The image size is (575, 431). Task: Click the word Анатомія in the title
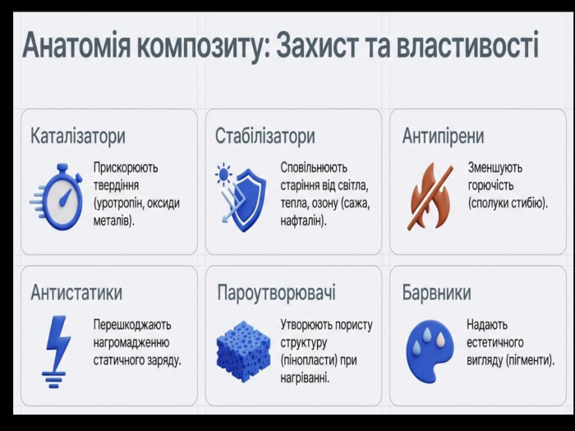click(76, 45)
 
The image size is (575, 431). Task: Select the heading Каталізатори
click(78, 136)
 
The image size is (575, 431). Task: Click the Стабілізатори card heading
click(264, 136)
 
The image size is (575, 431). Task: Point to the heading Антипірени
click(443, 136)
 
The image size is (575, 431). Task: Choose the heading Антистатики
click(76, 292)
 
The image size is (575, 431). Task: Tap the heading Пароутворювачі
click(276, 293)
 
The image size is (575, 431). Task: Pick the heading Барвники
click(436, 292)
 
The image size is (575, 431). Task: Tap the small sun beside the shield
click(223, 174)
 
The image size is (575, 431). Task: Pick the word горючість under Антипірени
click(490, 186)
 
